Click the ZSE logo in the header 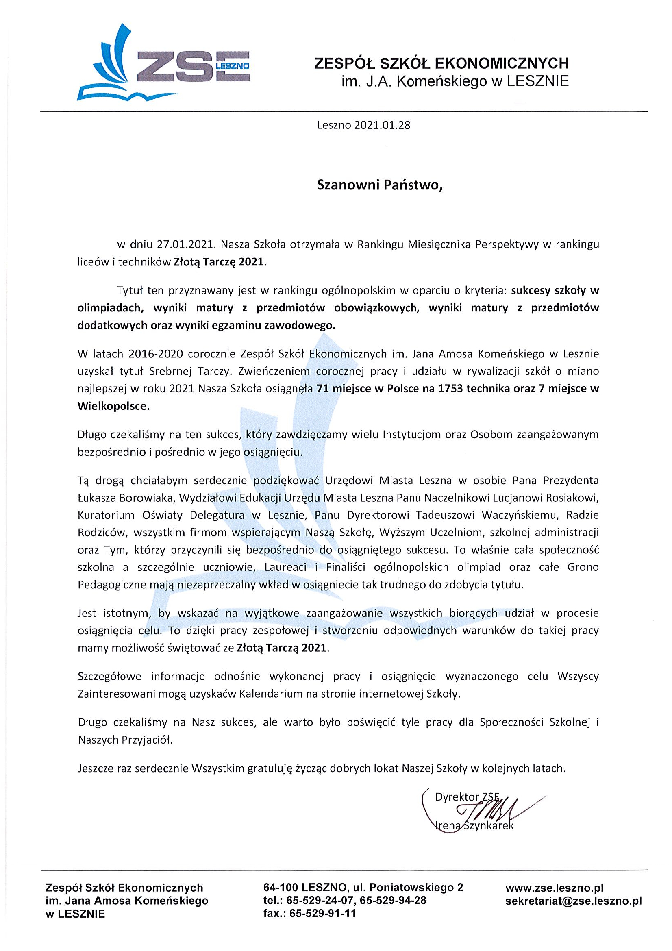(x=163, y=62)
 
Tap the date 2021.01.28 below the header (x=382, y=126)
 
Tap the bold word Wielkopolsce (x=113, y=406)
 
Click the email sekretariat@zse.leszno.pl (x=574, y=901)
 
